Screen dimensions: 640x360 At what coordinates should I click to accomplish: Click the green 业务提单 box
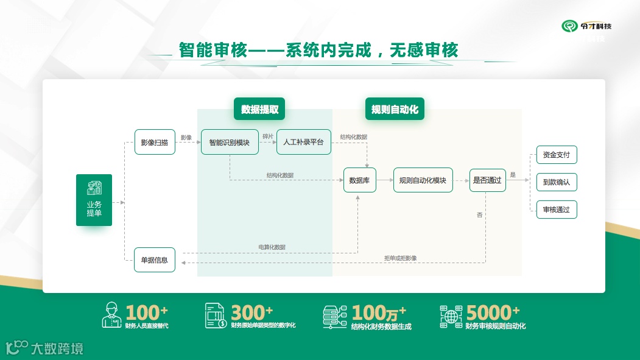[94, 200]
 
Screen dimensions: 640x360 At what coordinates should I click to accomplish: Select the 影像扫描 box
[155, 142]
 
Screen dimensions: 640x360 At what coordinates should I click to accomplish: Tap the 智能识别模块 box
[230, 142]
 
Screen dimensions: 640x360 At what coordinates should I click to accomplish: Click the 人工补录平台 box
[303, 142]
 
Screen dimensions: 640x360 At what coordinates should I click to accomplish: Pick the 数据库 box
[360, 180]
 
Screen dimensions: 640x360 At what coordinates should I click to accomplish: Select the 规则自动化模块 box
[423, 180]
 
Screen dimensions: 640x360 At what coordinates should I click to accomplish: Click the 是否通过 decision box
[487, 180]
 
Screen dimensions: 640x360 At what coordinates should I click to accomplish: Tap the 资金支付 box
[556, 155]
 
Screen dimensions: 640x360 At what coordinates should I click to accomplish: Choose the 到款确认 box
[556, 182]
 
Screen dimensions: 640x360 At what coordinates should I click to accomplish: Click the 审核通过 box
[556, 210]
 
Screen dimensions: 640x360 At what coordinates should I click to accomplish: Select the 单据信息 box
[155, 259]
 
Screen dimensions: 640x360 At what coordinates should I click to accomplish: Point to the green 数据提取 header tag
[259, 110]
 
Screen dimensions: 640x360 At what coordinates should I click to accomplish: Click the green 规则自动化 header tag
[395, 110]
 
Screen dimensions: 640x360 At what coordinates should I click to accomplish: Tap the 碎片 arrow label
[268, 136]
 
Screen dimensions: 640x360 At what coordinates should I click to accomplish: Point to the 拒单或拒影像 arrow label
[400, 258]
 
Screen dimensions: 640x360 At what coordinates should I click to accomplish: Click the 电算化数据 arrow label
[272, 247]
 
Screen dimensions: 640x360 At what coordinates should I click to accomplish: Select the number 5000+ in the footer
[493, 313]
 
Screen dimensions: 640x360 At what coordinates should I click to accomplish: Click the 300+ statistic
[252, 313]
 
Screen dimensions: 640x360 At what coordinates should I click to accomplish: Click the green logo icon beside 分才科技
[570, 26]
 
